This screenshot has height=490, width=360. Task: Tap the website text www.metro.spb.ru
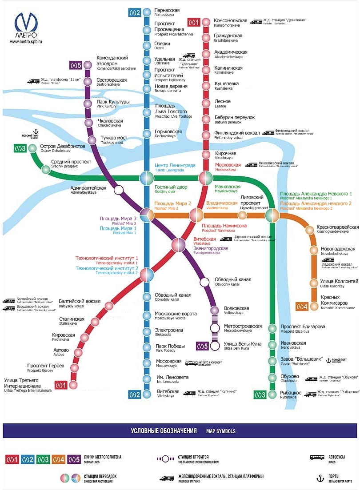click(x=26, y=42)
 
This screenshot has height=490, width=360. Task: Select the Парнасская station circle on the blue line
click(x=147, y=12)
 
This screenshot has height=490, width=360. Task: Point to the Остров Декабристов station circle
click(x=32, y=148)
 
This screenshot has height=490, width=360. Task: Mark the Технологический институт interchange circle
click(x=147, y=275)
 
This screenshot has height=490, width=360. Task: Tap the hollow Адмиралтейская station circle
click(x=119, y=190)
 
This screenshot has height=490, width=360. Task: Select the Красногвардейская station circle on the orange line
click(x=310, y=230)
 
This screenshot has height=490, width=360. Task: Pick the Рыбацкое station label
click(x=291, y=394)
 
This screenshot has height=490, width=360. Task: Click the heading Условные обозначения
click(x=164, y=431)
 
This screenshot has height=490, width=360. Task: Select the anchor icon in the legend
click(x=319, y=478)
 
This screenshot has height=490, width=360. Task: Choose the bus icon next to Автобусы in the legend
click(x=317, y=457)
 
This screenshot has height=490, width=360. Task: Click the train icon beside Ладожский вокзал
click(x=328, y=260)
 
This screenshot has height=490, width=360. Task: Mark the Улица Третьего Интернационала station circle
click(x=73, y=385)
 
